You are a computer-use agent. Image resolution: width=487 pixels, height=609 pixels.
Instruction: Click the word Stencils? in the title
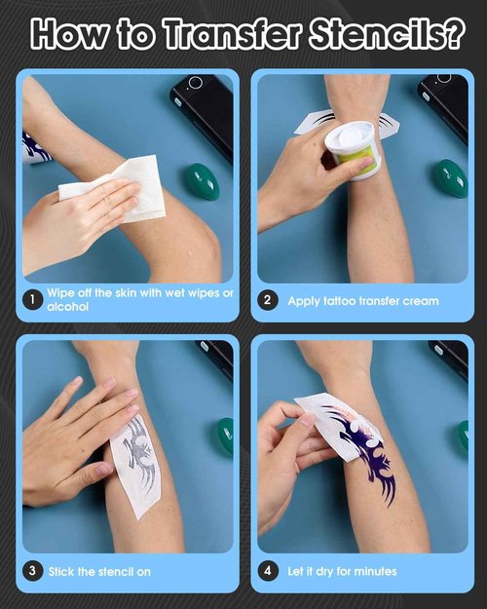[x=390, y=34]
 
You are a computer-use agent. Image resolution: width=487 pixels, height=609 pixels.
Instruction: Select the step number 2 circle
[x=268, y=300]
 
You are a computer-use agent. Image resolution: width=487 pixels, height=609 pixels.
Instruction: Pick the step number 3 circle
[x=33, y=571]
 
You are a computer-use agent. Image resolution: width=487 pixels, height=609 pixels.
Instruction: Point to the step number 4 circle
[x=268, y=571]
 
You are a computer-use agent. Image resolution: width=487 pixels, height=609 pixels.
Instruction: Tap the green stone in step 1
[x=202, y=181]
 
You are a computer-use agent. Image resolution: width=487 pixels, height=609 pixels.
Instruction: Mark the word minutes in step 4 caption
[x=372, y=571]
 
